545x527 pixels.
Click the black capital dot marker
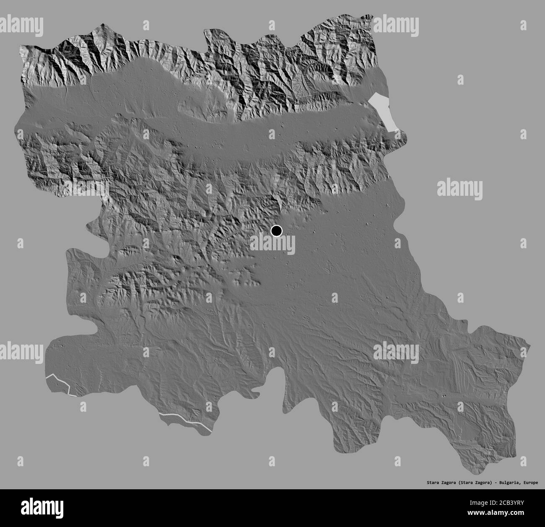(x=277, y=231)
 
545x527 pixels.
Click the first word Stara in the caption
(x=428, y=483)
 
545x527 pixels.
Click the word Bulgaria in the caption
(x=511, y=483)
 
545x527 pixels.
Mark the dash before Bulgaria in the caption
(x=497, y=483)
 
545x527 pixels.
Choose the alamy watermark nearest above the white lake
(x=396, y=26)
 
